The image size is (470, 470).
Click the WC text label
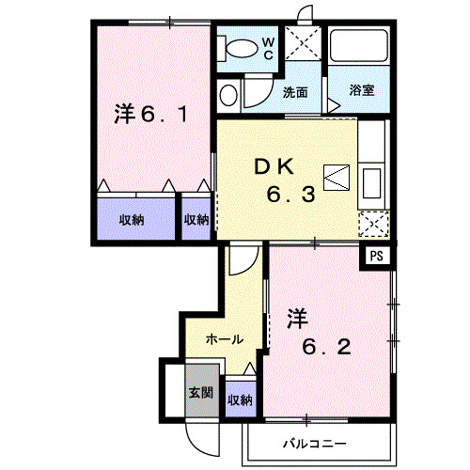(x=268, y=48)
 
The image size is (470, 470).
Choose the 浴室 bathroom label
(x=361, y=92)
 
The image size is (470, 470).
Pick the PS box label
(x=378, y=255)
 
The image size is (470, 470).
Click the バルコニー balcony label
(x=314, y=443)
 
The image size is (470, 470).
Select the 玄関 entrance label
(x=197, y=392)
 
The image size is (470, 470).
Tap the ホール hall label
(x=225, y=339)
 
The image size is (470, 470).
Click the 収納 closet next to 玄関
(x=240, y=399)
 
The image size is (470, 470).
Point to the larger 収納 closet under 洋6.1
(x=132, y=220)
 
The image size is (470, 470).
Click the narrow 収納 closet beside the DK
(x=196, y=220)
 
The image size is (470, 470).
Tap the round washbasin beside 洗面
(x=228, y=95)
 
